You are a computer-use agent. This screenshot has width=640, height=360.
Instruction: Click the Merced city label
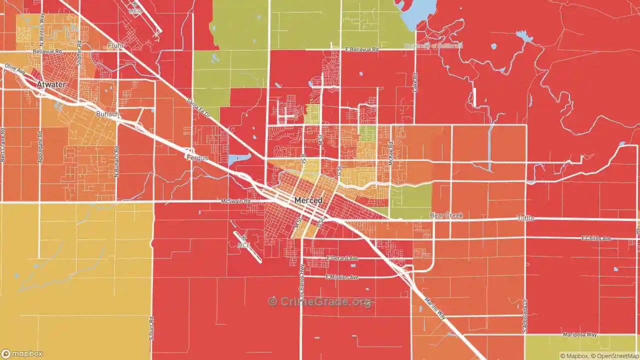coord(308,200)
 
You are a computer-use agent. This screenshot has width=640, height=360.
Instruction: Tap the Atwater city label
coord(51,84)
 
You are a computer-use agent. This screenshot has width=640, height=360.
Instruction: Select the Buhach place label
coord(107,114)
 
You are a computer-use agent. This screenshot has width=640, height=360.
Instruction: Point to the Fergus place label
coord(197,157)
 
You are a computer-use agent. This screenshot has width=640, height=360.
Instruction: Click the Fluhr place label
coord(115,45)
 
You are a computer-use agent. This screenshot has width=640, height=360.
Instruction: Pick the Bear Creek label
coord(446,215)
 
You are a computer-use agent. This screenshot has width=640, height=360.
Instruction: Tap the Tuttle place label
coord(525,218)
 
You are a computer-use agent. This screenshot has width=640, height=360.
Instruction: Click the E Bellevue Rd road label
coord(361,50)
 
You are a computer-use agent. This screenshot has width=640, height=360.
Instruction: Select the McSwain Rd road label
coord(235,201)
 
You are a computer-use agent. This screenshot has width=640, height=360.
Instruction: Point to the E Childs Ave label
coord(596,238)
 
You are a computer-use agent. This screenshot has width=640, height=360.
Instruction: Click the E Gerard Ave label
coord(342,258)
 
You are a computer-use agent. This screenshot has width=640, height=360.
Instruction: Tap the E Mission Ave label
coord(342,277)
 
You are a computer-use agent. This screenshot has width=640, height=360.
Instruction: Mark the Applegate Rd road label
coord(40,147)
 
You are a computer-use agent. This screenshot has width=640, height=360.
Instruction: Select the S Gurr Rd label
coord(151,327)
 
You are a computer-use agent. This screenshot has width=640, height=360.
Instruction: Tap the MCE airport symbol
coord(243,239)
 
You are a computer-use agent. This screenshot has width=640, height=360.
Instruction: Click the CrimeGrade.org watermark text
coord(320,301)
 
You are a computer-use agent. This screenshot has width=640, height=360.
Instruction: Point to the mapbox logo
coord(22,354)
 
